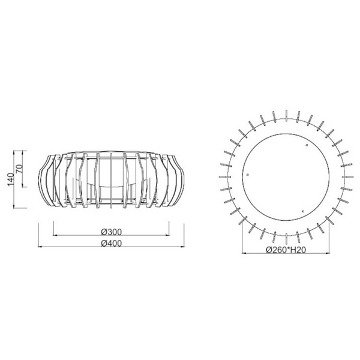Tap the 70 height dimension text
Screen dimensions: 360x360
pyautogui.click(x=20, y=169)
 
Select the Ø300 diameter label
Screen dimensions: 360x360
pyautogui.click(x=109, y=232)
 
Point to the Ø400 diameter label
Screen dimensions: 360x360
pyautogui.click(x=109, y=243)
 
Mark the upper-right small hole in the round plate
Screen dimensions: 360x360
pyautogui.click(x=307, y=145)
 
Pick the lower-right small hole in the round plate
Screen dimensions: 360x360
pyautogui.click(x=304, y=210)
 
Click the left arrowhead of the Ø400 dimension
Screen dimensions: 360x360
pyautogui.click(x=40, y=247)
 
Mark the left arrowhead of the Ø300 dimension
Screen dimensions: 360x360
pyautogui.click(x=55, y=236)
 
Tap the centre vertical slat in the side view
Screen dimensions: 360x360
pyautogui.click(x=110, y=178)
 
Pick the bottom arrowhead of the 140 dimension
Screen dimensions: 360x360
pyautogui.click(x=19, y=206)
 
